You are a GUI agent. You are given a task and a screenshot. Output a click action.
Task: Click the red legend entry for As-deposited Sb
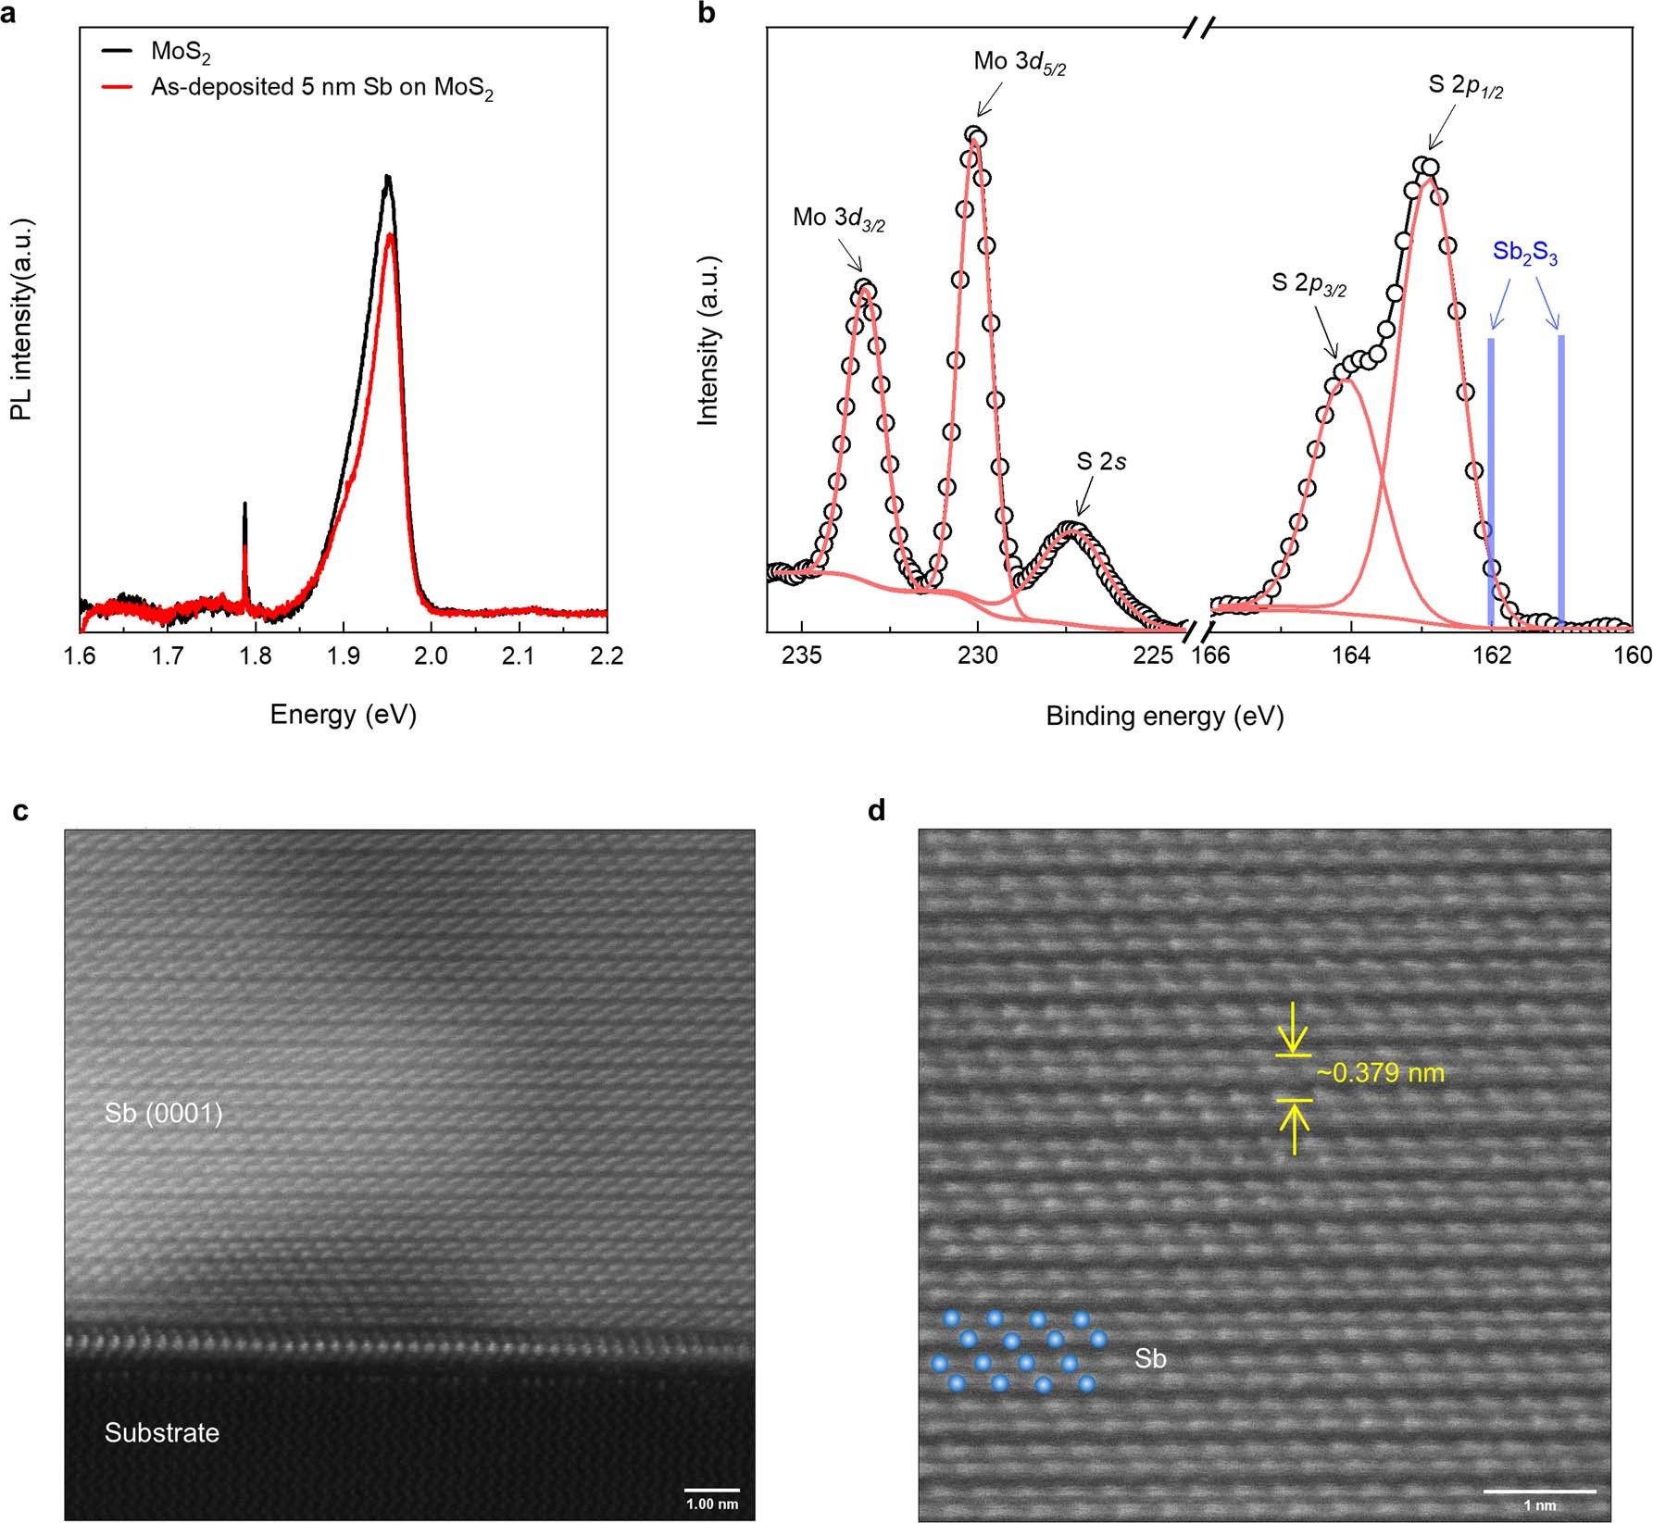[321, 89]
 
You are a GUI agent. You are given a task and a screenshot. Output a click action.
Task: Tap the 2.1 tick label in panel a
[519, 655]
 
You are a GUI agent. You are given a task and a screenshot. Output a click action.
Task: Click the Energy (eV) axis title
[343, 714]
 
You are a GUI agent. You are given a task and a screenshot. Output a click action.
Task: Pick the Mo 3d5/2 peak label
[1019, 63]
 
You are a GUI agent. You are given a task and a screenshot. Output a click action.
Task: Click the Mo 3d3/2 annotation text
[838, 218]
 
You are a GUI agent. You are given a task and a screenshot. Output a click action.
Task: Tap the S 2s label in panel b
[1100, 461]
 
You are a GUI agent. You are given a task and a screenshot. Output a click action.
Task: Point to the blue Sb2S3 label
[1524, 253]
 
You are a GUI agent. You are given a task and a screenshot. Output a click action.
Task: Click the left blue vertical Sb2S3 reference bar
[1490, 481]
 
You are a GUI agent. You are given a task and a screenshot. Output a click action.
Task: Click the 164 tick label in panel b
[1350, 655]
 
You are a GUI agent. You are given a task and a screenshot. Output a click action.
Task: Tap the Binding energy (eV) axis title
[1164, 716]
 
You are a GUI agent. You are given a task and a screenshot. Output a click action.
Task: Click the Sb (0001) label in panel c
[163, 1113]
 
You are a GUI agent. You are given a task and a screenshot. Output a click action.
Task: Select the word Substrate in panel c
[161, 1432]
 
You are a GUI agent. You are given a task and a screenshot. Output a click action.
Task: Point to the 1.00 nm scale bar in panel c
[711, 1490]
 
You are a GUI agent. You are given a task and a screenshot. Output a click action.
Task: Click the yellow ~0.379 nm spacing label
[1380, 1073]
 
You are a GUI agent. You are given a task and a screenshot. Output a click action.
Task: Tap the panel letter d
[876, 811]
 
